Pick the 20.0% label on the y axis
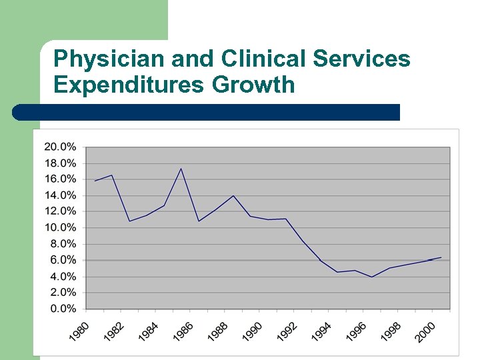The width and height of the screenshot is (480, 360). (x=60, y=147)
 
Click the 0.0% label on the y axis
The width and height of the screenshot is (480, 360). (x=63, y=309)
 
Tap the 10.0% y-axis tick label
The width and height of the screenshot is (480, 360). (x=60, y=227)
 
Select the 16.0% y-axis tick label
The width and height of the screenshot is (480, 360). (x=60, y=179)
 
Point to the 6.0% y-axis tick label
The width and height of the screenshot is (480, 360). (x=63, y=260)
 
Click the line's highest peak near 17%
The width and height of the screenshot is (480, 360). (x=181, y=169)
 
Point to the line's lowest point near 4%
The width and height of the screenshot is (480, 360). (x=372, y=277)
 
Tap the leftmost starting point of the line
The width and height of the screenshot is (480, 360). (x=95, y=181)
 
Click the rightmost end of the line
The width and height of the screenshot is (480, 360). (x=441, y=257)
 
